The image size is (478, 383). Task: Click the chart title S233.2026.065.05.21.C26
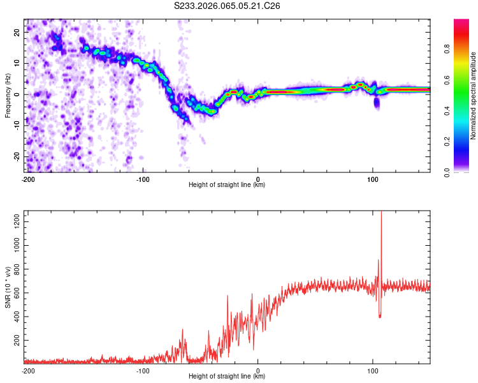coord(228,6)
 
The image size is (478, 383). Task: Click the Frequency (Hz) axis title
coord(8,94)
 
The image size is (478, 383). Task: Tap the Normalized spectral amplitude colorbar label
coord(474,95)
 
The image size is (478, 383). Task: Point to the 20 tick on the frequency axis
coord(17,31)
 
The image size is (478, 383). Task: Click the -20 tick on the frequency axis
coord(16,156)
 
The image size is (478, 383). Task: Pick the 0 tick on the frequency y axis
coord(19,94)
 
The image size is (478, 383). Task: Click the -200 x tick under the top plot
coord(28,178)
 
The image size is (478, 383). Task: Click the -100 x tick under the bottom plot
coord(143,370)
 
